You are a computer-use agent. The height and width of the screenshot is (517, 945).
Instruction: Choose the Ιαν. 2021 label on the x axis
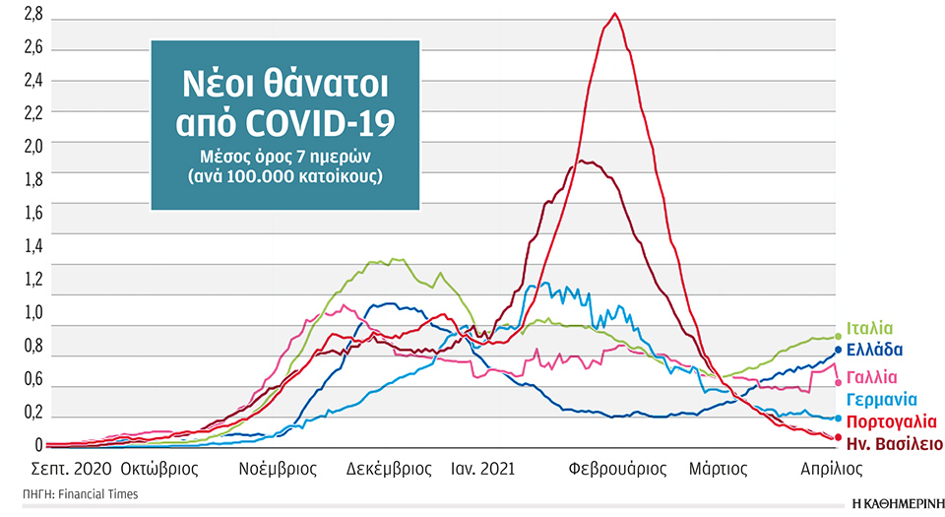[480, 468]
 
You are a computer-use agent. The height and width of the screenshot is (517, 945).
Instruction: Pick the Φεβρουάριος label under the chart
[617, 468]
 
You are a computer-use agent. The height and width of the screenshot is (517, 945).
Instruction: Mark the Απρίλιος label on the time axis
[832, 468]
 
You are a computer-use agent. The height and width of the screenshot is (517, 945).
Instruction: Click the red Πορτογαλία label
[890, 421]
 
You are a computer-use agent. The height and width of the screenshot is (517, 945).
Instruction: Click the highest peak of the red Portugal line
[614, 14]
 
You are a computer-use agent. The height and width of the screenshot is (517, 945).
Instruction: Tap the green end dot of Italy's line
[838, 336]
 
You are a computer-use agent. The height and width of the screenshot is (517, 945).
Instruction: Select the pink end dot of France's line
[838, 382]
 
